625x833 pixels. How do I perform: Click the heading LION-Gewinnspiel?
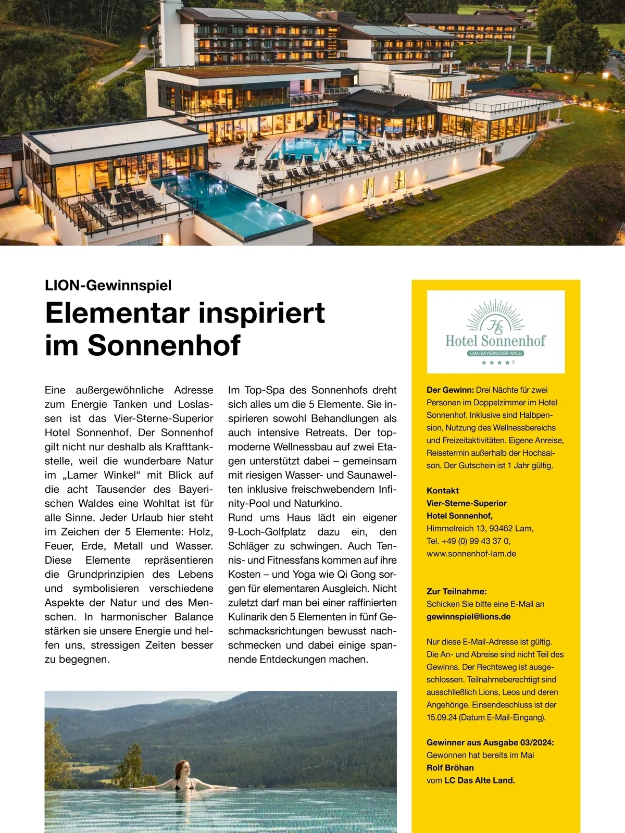(108, 285)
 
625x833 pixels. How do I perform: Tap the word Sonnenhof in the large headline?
(164, 345)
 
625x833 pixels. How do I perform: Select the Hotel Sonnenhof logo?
(495, 331)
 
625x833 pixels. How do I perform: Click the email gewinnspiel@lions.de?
(468, 617)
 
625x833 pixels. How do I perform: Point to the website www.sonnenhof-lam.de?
(471, 554)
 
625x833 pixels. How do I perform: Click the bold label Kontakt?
(443, 491)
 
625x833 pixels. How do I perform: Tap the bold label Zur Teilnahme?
(456, 591)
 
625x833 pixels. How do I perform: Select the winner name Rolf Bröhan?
(450, 768)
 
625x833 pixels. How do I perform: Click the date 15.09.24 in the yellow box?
(441, 717)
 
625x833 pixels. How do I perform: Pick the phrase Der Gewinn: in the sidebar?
(449, 390)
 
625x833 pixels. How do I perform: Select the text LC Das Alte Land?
(479, 780)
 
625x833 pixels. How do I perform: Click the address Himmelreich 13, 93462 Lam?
(480, 528)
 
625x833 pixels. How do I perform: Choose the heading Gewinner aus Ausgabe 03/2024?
(490, 742)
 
